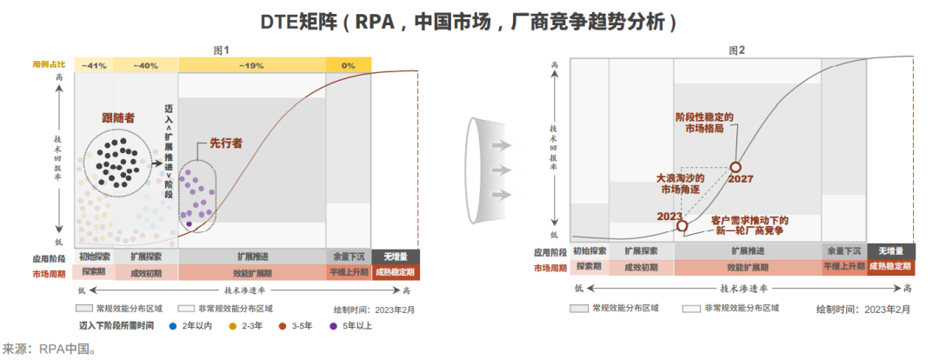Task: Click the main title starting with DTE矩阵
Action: pyautogui.click(x=469, y=21)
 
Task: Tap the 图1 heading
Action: pyautogui.click(x=221, y=50)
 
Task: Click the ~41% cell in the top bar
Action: pyautogui.click(x=94, y=65)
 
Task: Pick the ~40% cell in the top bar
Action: pyautogui.click(x=144, y=65)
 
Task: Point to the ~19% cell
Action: pyautogui.click(x=251, y=65)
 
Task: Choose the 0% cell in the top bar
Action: pyautogui.click(x=348, y=65)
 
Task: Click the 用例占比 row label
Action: pyautogui.click(x=50, y=65)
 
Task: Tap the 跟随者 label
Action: pyautogui.click(x=118, y=117)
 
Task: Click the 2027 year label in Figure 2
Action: pyautogui.click(x=742, y=179)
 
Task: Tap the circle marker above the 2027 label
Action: pyautogui.click(x=736, y=166)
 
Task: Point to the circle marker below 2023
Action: pyautogui.click(x=683, y=226)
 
